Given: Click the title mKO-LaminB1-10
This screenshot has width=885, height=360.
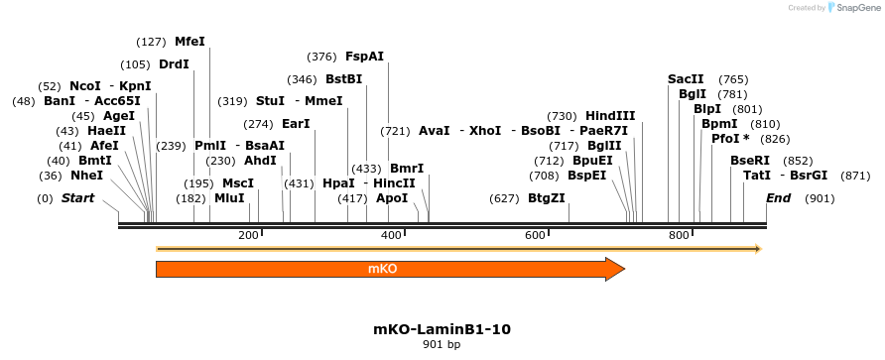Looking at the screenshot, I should [x=442, y=328].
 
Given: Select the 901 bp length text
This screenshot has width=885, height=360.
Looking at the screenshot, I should [x=442, y=345].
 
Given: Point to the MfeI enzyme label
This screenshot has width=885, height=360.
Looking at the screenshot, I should [x=190, y=41].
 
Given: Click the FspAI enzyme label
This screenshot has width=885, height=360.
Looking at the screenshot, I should [x=364, y=57].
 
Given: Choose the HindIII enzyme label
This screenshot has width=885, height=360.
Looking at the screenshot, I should [x=610, y=116].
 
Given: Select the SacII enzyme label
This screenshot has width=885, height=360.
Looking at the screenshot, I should [x=686, y=79].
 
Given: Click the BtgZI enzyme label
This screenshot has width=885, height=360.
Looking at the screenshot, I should [x=547, y=198].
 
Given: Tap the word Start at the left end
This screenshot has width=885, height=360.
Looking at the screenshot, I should [x=77, y=198].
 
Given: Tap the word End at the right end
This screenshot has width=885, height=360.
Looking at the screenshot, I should [x=779, y=198].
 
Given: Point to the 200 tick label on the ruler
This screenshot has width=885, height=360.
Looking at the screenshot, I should [x=248, y=235].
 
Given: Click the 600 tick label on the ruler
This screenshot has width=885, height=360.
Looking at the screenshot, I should [x=536, y=235].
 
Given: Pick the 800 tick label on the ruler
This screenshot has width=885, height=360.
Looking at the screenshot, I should [x=680, y=235].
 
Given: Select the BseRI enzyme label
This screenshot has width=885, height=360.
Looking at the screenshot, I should [x=750, y=161].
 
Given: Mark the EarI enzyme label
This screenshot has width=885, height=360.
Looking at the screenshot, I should [x=296, y=124].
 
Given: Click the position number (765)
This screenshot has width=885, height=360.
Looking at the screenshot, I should [x=733, y=79].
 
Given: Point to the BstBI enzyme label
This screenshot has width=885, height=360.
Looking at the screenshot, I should [x=344, y=79].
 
